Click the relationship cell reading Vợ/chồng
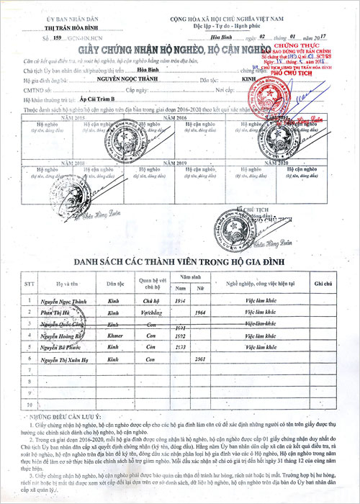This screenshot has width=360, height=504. [151, 313]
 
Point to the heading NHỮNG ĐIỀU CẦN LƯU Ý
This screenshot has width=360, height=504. [68, 416]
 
